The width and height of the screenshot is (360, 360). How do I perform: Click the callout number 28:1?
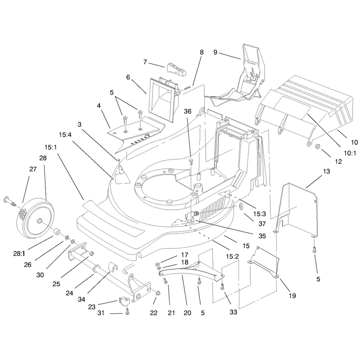click(20, 254)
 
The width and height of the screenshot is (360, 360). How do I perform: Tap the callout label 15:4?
click(65, 135)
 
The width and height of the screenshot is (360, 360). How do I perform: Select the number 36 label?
click(188, 111)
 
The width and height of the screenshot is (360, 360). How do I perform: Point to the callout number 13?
click(326, 171)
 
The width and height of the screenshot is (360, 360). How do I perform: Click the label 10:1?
click(350, 153)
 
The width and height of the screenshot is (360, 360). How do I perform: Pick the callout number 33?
click(233, 312)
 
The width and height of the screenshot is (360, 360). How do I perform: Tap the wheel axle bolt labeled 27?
click(9, 201)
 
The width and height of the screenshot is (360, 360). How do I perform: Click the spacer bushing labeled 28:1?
click(57, 232)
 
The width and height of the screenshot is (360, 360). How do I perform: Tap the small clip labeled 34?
click(113, 266)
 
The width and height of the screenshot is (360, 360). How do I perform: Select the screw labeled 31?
click(127, 311)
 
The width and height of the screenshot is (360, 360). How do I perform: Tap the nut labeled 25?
click(91, 254)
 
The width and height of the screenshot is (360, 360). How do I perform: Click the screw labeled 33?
click(222, 287)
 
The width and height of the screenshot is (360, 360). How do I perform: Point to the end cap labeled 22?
click(158, 293)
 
